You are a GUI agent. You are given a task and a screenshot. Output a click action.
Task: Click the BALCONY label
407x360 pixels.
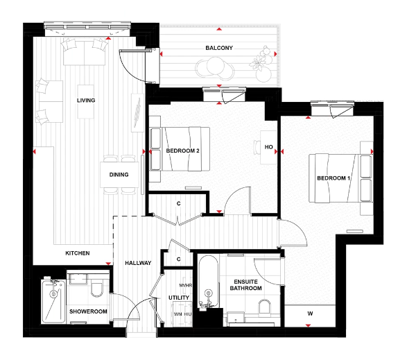click(x=218, y=48)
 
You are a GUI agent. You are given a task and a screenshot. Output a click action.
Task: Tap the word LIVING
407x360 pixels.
click(x=85, y=101)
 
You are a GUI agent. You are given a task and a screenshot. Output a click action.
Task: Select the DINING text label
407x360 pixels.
click(x=119, y=175)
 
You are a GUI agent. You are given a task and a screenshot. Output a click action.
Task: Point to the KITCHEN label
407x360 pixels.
click(x=78, y=254)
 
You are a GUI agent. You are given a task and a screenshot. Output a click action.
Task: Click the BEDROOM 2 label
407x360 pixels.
click(x=183, y=151)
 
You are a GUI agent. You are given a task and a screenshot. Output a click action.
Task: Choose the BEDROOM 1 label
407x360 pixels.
click(x=334, y=179)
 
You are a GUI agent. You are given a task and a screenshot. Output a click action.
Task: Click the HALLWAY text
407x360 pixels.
click(x=138, y=264)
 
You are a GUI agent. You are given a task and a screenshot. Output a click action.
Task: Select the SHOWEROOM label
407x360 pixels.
click(x=88, y=312)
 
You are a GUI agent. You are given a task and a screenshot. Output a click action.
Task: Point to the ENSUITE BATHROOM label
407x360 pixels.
click(x=245, y=284)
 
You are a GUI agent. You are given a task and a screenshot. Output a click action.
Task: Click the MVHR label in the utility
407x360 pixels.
click(x=184, y=284)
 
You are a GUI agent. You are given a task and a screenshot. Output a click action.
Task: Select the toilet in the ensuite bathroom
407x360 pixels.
click(x=264, y=307)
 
